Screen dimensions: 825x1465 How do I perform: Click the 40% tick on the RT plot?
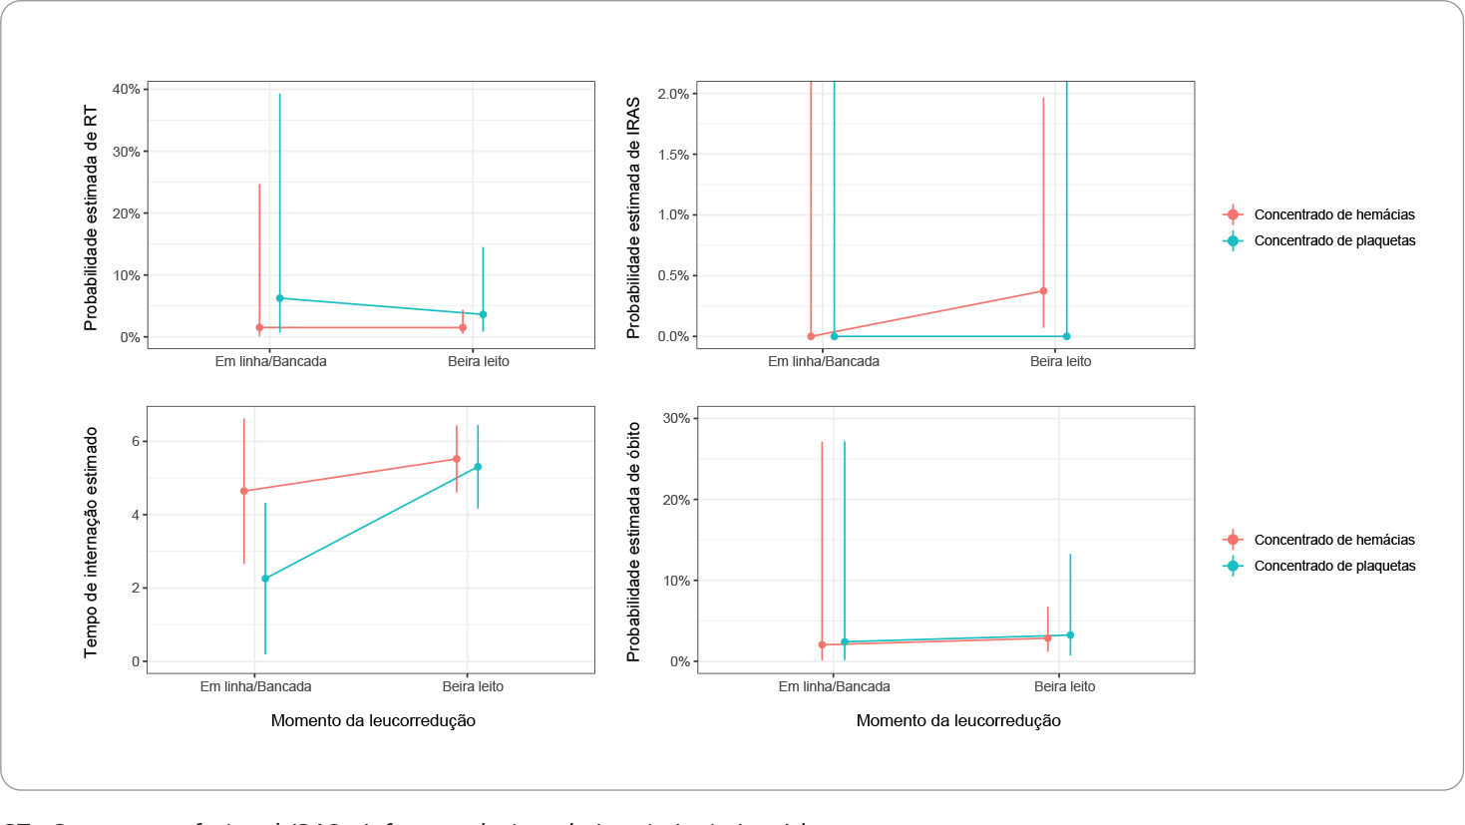[x=127, y=90]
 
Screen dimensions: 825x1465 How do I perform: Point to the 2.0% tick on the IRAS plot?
[x=673, y=94]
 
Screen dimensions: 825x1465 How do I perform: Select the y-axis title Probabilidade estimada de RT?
[x=91, y=217]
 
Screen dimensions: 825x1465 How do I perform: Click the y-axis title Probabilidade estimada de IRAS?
[x=633, y=217]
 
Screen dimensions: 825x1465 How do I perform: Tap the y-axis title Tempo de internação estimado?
[x=91, y=542]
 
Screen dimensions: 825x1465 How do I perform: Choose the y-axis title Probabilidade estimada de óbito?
[x=633, y=542]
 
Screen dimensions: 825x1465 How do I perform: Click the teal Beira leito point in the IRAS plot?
[x=1066, y=336]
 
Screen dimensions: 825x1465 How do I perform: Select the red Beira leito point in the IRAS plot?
[x=1043, y=291]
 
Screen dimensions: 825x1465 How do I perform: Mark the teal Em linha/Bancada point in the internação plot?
[x=265, y=579]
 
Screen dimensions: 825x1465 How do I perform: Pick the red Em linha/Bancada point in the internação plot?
[x=244, y=491]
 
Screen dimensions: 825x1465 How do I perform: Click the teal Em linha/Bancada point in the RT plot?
[x=279, y=298]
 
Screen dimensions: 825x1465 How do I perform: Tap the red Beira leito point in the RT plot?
[x=463, y=327]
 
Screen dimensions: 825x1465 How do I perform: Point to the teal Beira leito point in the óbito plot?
[x=1070, y=634]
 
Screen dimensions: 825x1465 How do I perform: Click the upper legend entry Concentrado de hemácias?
[x=1334, y=214]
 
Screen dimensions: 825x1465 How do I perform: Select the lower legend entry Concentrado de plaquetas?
[x=1334, y=566]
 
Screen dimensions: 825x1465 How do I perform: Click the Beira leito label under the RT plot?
[x=478, y=361]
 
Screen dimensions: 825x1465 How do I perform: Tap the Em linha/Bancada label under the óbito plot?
[x=834, y=686]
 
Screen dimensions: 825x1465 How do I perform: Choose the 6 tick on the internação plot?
[x=137, y=441]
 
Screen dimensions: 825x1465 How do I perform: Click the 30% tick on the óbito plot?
[x=676, y=419]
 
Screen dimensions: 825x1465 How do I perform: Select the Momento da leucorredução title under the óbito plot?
[x=958, y=720]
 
